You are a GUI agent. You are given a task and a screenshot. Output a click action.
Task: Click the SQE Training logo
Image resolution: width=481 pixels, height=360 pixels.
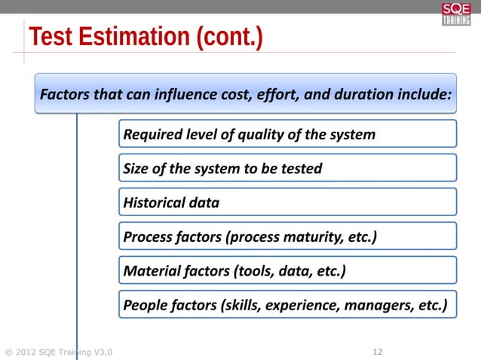coord(456,14)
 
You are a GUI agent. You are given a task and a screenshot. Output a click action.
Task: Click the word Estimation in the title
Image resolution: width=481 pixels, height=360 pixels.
coord(134,37)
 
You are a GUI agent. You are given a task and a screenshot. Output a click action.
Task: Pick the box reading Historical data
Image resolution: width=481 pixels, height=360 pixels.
coord(287,202)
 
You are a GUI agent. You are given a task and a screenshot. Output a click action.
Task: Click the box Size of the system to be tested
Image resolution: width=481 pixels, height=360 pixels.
coord(287,168)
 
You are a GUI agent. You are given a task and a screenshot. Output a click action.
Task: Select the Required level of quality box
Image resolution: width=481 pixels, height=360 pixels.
coord(287,134)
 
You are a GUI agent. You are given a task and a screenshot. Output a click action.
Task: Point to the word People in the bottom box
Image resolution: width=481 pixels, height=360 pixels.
coord(143,305)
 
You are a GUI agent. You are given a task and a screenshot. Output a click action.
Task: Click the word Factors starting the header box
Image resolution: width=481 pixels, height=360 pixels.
coord(63,96)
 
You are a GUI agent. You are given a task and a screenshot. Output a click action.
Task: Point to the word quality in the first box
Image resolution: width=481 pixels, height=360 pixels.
coord(259,134)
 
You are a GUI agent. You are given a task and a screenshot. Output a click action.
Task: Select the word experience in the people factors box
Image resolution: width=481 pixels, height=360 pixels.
coord(305,305)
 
